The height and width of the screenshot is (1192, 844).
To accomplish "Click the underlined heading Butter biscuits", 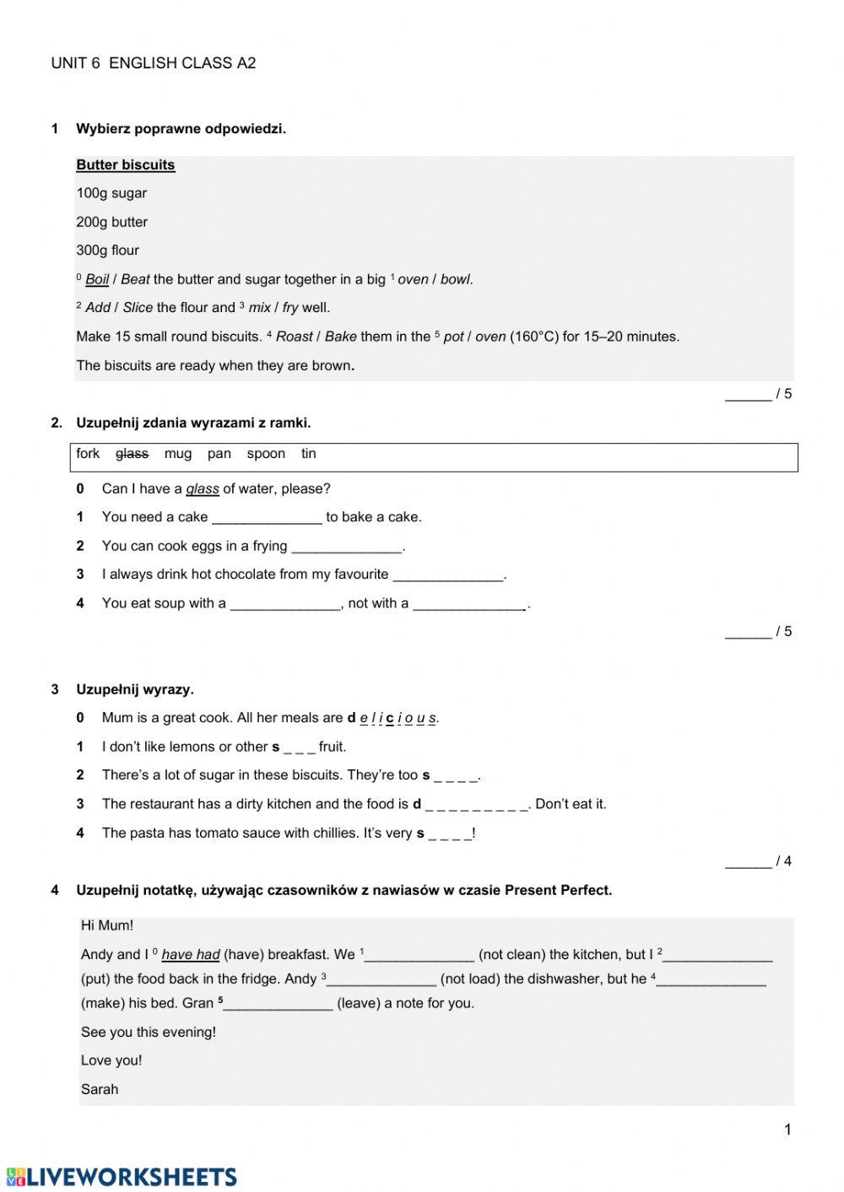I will click(x=125, y=165).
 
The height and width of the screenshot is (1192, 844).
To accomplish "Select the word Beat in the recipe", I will click(x=135, y=279).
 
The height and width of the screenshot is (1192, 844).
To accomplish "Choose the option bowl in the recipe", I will click(x=455, y=279).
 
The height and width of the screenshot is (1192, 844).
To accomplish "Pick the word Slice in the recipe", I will click(x=138, y=308).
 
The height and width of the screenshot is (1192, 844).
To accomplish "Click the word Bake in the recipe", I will click(x=340, y=337).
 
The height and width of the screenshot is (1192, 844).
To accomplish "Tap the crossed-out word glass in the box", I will click(x=132, y=454).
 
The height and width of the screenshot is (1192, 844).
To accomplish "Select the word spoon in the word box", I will click(x=266, y=454).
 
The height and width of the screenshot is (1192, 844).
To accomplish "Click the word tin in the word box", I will click(x=309, y=454).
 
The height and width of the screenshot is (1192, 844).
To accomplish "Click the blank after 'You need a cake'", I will click(x=267, y=518).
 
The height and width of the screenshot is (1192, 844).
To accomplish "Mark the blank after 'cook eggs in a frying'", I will click(x=347, y=547).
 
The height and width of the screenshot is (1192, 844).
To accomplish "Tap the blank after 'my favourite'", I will click(x=447, y=575).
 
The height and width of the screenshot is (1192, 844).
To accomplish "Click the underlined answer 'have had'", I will click(x=191, y=955).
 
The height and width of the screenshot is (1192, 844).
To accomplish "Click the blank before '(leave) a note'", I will click(x=279, y=1004).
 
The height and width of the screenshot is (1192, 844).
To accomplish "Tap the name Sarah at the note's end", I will click(x=100, y=1089).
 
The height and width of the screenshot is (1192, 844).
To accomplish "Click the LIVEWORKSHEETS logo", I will click(x=122, y=1177).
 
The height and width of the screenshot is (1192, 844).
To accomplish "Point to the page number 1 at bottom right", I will click(x=787, y=1130).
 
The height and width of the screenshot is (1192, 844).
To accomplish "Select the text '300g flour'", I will click(x=108, y=251).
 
